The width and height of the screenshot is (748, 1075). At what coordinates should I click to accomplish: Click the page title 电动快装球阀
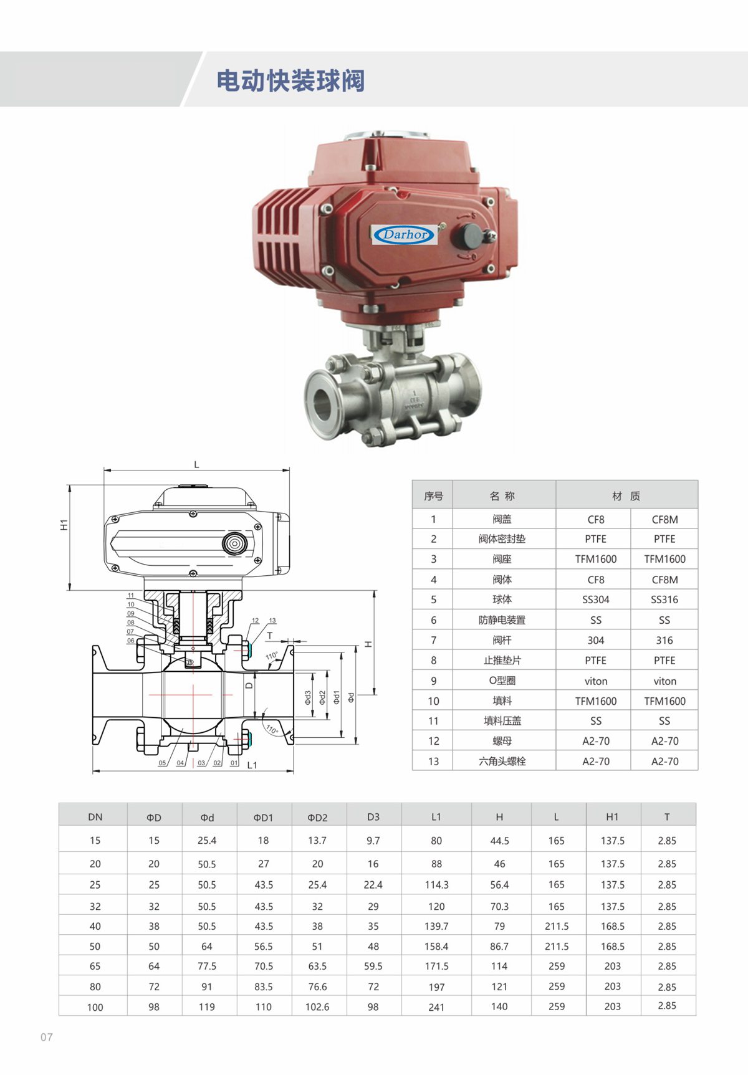(290, 81)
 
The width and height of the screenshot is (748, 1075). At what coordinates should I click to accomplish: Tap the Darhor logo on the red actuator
(405, 235)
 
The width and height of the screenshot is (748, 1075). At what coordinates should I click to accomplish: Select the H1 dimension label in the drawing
(64, 525)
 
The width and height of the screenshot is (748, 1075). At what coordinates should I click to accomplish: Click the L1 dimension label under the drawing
(252, 765)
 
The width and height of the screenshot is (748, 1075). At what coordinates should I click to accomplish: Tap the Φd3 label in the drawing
(308, 697)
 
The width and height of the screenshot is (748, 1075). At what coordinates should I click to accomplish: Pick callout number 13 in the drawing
(272, 621)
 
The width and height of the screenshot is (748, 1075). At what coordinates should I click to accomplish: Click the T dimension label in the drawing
(270, 636)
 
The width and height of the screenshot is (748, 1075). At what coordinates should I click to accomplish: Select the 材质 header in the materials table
(626, 496)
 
